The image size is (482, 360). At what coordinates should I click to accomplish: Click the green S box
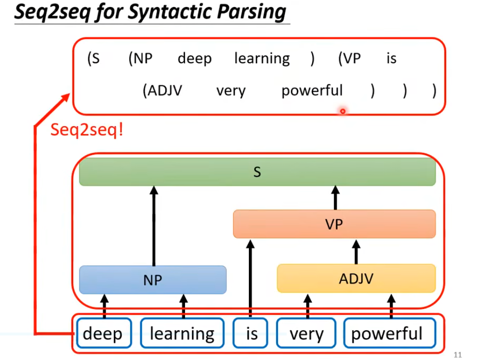(257, 172)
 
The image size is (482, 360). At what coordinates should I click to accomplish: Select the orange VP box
(334, 224)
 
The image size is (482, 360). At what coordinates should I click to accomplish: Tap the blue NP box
(153, 280)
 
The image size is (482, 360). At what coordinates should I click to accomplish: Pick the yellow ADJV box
(356, 278)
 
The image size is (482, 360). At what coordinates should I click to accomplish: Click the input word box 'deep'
(103, 334)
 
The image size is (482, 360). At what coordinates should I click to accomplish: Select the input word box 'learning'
(182, 334)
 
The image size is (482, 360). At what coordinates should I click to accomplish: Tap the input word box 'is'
(251, 334)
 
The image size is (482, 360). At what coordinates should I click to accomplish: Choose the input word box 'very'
(306, 334)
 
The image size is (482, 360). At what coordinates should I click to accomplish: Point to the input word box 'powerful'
(387, 334)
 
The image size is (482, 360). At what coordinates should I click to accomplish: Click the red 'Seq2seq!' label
(86, 130)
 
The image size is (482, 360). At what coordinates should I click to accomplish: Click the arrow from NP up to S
(154, 226)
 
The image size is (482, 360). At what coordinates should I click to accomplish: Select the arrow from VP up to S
(336, 198)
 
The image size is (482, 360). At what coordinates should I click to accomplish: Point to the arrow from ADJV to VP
(356, 252)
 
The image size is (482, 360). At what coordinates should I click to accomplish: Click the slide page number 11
(458, 355)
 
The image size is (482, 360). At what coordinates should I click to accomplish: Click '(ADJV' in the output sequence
(162, 91)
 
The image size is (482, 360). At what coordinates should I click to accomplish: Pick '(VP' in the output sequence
(349, 59)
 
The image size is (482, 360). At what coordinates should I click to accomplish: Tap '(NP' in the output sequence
(140, 59)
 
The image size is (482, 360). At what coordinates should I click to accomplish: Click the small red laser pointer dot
(343, 111)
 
